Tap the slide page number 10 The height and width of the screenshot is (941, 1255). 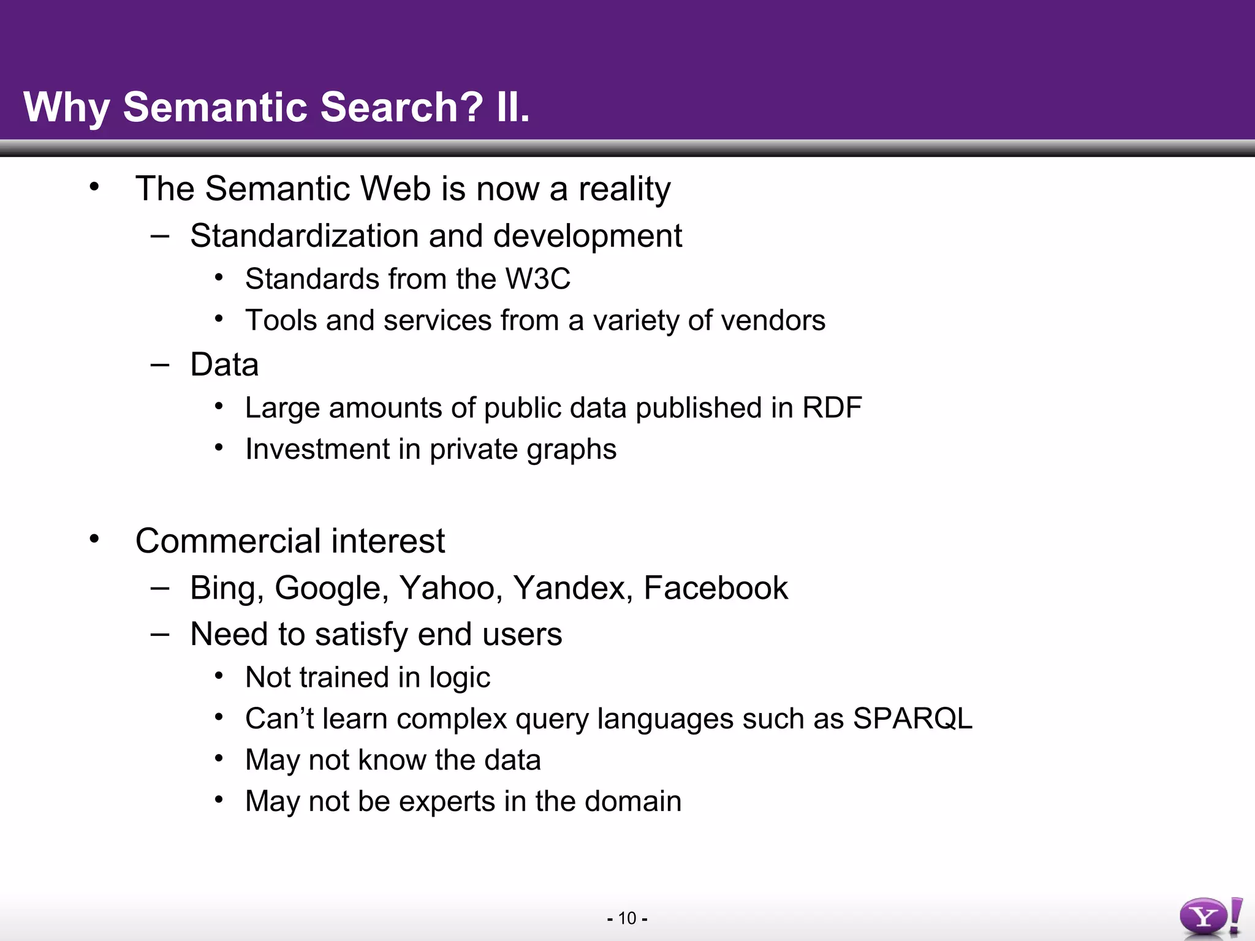627,918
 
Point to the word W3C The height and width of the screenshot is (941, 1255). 537,279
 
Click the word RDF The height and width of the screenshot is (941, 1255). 832,408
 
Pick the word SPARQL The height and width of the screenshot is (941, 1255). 912,719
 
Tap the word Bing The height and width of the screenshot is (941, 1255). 226,588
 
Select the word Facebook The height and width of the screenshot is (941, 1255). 715,588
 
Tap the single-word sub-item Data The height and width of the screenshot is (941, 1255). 224,365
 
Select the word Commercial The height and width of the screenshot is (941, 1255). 227,541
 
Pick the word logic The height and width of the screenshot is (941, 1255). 460,678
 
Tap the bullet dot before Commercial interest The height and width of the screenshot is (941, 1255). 94,539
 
